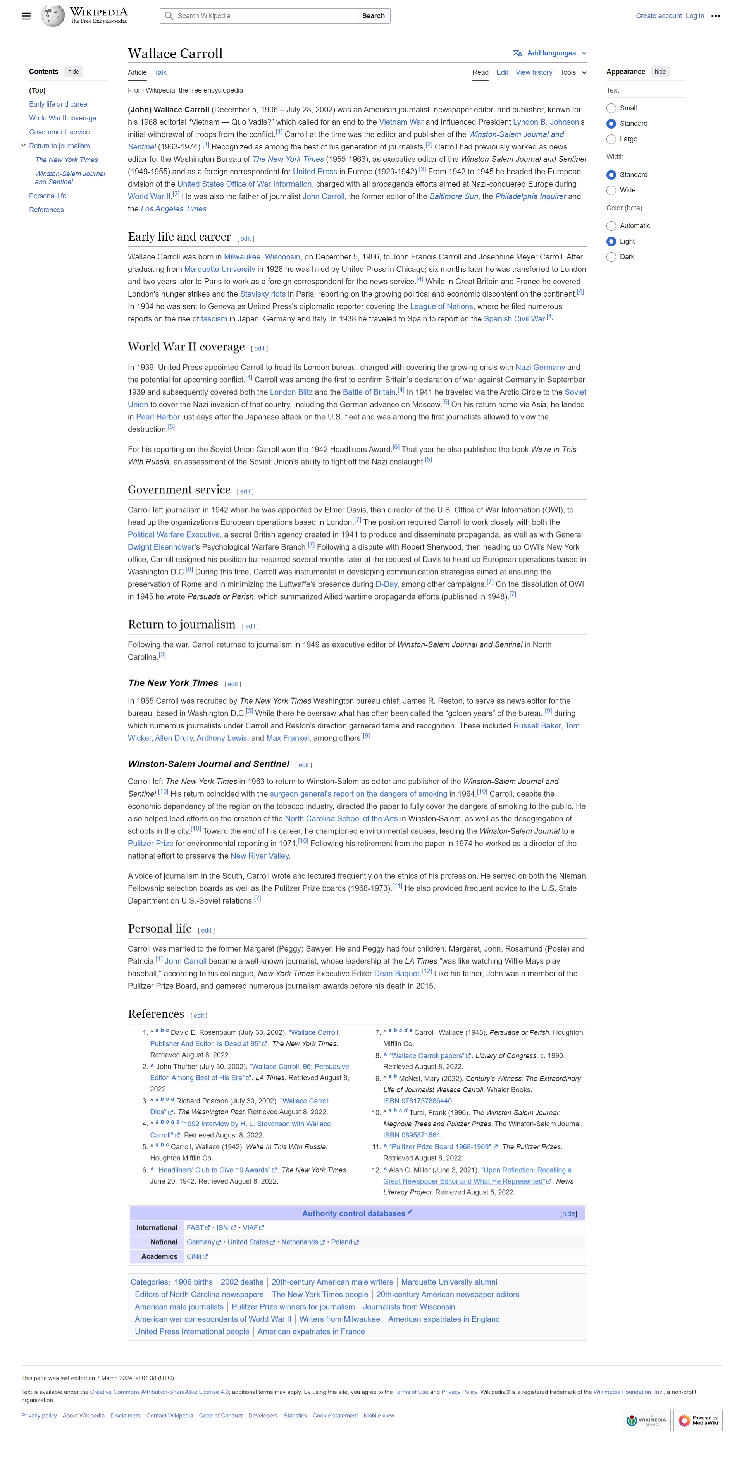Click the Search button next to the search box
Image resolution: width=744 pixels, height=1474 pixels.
point(373,16)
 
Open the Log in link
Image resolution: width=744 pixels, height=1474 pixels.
point(695,16)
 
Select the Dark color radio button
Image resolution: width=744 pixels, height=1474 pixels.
point(611,257)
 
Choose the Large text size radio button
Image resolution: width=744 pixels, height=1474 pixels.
point(611,139)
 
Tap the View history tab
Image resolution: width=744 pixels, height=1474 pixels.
point(533,73)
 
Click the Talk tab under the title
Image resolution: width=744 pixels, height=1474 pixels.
point(160,73)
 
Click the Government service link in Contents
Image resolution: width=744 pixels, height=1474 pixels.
point(59,132)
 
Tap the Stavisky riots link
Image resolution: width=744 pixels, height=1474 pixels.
point(263,294)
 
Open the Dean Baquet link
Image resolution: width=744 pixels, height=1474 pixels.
point(397,973)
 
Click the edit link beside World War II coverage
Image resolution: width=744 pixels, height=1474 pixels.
point(259,349)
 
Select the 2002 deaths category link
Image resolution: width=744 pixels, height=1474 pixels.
point(242,1282)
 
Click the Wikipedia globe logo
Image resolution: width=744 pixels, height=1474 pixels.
point(53,16)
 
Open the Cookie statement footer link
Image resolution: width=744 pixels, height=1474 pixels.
point(335,1416)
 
